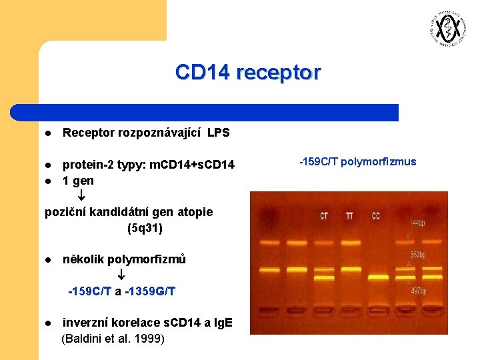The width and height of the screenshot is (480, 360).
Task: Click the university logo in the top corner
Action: click(445, 29)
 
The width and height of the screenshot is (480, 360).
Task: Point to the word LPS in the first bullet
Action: click(218, 133)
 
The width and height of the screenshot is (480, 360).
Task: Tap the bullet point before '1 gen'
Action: click(48, 181)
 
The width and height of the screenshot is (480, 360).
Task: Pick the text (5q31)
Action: click(145, 228)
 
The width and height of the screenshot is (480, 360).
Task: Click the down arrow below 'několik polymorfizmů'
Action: click(121, 275)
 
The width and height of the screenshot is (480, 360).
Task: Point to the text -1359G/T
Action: click(152, 291)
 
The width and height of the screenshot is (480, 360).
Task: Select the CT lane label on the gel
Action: click(323, 216)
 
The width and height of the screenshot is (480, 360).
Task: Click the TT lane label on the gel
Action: click(350, 216)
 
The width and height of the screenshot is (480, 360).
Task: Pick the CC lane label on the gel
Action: click(376, 216)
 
